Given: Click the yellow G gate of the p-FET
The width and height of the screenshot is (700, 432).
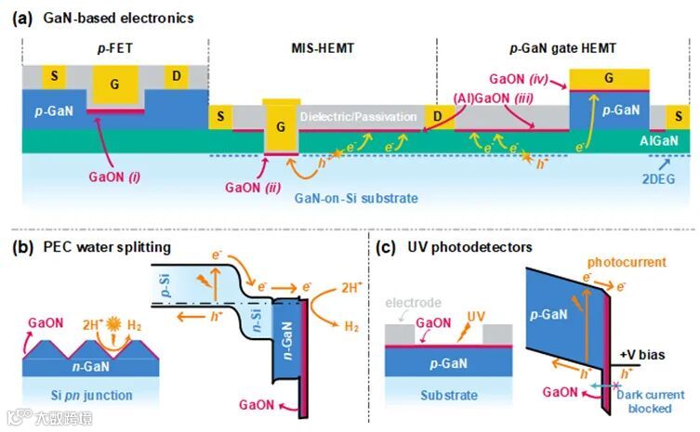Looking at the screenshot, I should point(114,84).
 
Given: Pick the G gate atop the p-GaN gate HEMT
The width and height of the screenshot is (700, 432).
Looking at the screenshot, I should point(607,77).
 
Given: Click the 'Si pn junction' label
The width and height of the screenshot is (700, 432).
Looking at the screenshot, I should point(86,395).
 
